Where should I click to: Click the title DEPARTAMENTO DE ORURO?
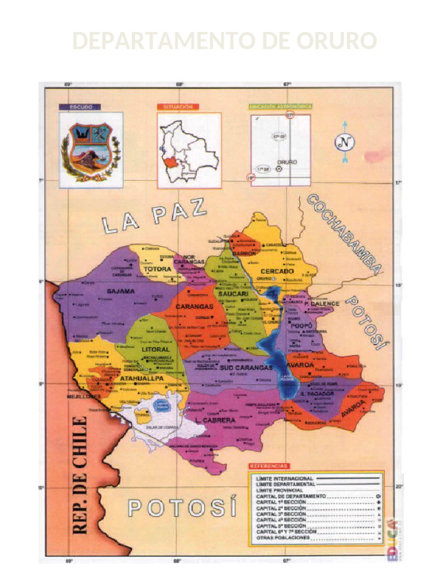tap(225, 41)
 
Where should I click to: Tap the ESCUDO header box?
tap(80, 106)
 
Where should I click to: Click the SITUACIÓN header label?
tap(178, 106)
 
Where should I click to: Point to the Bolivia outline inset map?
tap(188, 150)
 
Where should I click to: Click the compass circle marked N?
tap(344, 142)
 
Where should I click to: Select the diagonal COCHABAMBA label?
tap(344, 235)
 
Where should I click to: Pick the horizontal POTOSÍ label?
tap(182, 508)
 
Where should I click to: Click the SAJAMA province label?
tap(120, 291)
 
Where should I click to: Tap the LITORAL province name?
tap(156, 349)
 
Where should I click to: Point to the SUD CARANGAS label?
tap(246, 367)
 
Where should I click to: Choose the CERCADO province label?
tap(277, 271)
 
